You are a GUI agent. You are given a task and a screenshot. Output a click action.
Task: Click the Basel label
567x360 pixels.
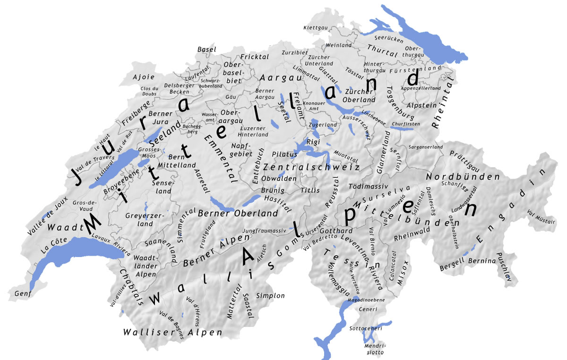207,49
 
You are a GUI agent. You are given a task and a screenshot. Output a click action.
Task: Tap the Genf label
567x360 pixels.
22,294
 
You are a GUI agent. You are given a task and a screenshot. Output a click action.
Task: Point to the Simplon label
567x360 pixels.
270,296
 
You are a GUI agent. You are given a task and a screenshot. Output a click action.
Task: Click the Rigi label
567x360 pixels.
313,142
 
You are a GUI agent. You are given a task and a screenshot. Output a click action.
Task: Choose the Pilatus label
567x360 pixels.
284,154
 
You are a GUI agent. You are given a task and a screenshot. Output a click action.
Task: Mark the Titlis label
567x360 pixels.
310,190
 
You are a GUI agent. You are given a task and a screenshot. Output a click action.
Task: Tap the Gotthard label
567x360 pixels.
336,231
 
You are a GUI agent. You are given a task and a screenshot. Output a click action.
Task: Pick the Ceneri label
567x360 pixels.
368,309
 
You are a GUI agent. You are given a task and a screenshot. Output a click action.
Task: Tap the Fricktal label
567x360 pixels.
255,57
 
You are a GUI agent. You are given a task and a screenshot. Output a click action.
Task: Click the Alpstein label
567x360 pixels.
421,105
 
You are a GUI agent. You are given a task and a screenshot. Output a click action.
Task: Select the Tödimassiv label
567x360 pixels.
369,186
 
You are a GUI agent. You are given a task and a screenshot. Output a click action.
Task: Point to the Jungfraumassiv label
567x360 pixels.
265,231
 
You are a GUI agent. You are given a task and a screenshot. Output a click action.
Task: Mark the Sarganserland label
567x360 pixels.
426,147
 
